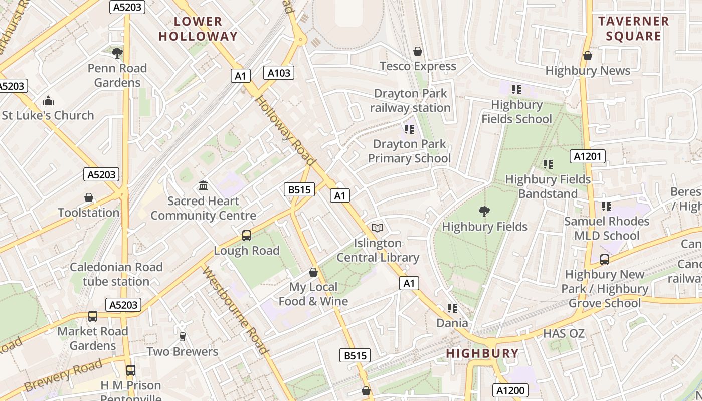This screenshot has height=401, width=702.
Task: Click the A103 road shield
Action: [x=279, y=73]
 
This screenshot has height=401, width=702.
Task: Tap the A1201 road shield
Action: [x=587, y=156]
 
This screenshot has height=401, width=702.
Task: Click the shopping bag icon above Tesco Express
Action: [x=418, y=51]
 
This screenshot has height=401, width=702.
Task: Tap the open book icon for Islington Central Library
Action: [x=378, y=228]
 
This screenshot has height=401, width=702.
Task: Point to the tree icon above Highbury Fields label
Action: [x=484, y=212]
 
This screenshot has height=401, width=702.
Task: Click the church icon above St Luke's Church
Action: [x=48, y=101]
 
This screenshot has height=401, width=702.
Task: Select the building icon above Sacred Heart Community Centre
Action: [x=203, y=186]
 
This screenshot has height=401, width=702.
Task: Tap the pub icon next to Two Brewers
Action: [x=183, y=337]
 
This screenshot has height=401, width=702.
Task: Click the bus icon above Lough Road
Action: [x=246, y=236]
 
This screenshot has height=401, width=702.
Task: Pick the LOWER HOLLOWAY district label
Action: [x=198, y=29]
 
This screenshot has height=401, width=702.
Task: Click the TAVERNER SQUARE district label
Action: [x=634, y=29]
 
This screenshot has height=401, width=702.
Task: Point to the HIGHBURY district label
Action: [x=482, y=353]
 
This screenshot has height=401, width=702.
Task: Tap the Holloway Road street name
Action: [x=285, y=130]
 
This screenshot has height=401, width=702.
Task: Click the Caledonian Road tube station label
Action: [x=116, y=274]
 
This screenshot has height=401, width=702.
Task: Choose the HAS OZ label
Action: [x=564, y=333]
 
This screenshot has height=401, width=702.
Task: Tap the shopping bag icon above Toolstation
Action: [x=89, y=197]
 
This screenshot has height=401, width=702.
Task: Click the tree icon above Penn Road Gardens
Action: [x=117, y=53]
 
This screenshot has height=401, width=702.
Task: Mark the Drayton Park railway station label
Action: [x=410, y=101]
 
